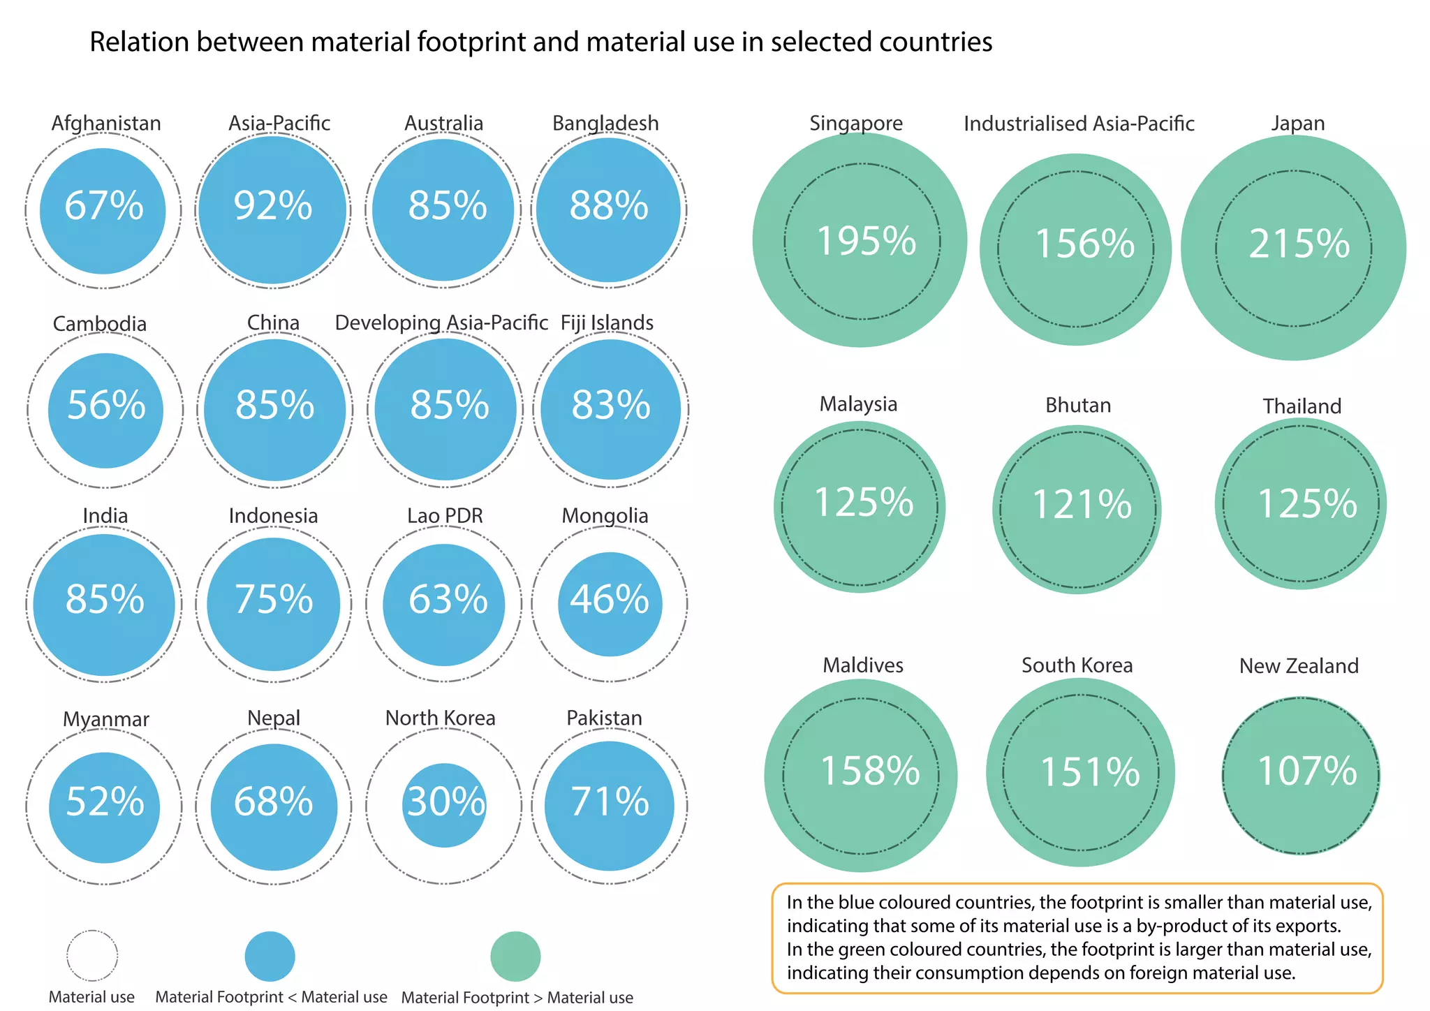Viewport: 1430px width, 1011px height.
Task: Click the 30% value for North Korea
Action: (x=445, y=802)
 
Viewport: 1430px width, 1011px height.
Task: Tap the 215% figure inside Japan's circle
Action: (x=1299, y=244)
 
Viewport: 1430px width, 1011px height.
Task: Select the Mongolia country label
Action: (x=605, y=516)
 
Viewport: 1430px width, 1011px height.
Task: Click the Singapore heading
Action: (x=856, y=124)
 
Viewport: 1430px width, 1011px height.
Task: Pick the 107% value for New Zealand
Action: (x=1306, y=772)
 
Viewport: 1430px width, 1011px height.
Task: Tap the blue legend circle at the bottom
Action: (x=270, y=956)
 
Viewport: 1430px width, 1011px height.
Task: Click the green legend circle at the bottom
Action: (x=515, y=956)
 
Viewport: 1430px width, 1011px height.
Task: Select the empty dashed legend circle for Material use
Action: (x=92, y=955)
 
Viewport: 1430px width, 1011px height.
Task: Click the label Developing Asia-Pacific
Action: (x=441, y=323)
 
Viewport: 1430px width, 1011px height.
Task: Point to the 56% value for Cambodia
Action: (x=106, y=406)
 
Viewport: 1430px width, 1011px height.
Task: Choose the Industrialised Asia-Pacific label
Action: (x=1079, y=124)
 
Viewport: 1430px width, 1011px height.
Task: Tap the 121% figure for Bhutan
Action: (x=1082, y=505)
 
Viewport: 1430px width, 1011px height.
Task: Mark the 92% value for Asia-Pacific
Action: (x=272, y=207)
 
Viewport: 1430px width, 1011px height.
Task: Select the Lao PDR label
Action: (x=445, y=516)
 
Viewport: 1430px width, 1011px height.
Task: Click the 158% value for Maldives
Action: (x=870, y=772)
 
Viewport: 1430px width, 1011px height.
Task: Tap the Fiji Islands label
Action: (x=607, y=323)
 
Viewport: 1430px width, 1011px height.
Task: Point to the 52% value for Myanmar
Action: (x=105, y=802)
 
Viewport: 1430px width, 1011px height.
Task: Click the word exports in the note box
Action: (x=1304, y=927)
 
